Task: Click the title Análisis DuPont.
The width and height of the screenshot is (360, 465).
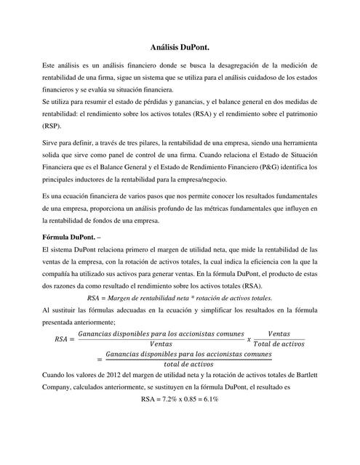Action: [x=180, y=46]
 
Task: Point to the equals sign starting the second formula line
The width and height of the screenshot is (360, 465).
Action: [x=100, y=358]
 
